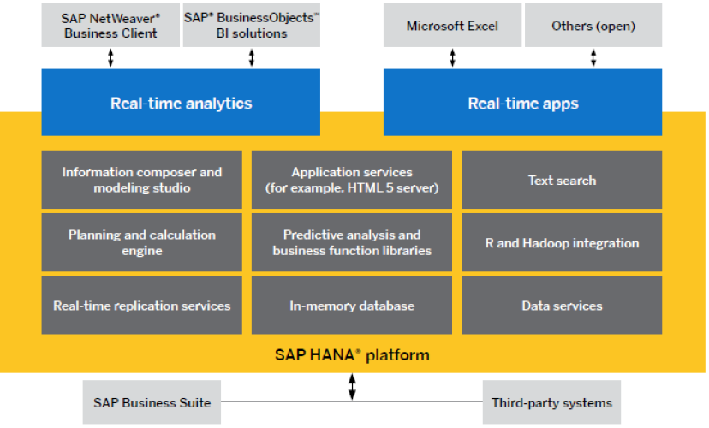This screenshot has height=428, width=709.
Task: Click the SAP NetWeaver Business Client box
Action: (110, 25)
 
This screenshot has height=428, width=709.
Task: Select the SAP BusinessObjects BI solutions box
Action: (252, 25)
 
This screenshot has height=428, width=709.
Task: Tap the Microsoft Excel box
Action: (452, 26)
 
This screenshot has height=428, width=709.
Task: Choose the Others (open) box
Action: (593, 26)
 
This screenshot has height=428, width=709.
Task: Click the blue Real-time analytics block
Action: (181, 104)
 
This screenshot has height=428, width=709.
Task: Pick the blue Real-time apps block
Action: (522, 104)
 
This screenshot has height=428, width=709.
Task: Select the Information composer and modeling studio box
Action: (141, 180)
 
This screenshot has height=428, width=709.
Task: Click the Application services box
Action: (351, 180)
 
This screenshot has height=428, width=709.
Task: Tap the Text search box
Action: (562, 180)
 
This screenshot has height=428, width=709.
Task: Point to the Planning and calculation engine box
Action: (141, 242)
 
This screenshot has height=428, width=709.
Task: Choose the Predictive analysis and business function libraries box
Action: (351, 242)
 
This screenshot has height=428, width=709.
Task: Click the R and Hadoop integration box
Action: (562, 242)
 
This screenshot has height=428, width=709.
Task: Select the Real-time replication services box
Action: (141, 305)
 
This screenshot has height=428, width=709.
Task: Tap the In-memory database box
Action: (351, 305)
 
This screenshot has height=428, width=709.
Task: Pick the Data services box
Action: (562, 305)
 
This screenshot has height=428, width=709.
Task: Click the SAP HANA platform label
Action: (352, 354)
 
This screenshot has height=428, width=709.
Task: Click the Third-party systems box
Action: (551, 402)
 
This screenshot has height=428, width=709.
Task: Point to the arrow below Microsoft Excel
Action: (453, 57)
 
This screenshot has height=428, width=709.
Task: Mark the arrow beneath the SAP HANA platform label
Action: (352, 386)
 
